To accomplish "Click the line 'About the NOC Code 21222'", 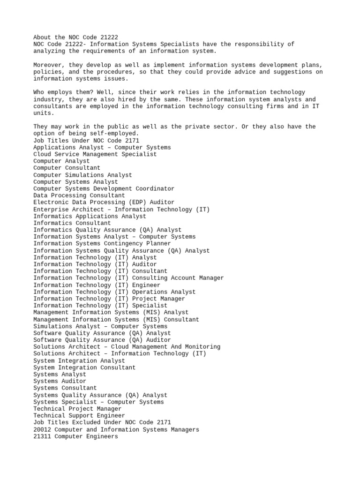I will pyautogui.click(x=75, y=37).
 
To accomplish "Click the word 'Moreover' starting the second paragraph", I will pyautogui.click(x=47, y=65).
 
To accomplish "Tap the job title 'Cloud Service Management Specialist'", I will pyautogui.click(x=95, y=154).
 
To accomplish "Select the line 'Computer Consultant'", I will pyautogui.click(x=67, y=168).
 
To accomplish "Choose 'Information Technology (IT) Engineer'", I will pyautogui.click(x=97, y=285).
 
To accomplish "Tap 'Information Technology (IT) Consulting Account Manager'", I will pyautogui.click(x=128, y=278).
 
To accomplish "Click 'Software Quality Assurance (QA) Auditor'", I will pyautogui.click(x=102, y=340).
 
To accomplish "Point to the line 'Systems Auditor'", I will pyautogui.click(x=60, y=381).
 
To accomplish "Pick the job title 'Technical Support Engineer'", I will pyautogui.click(x=79, y=416).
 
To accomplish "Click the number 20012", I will pyautogui.click(x=42, y=429).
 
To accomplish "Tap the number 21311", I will pyautogui.click(x=42, y=436).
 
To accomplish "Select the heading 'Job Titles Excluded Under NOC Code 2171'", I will pyautogui.click(x=102, y=422).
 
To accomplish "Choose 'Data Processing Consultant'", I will pyautogui.click(x=79, y=195).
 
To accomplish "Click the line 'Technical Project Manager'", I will pyautogui.click(x=77, y=409).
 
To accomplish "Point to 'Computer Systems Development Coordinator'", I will pyautogui.click(x=104, y=188).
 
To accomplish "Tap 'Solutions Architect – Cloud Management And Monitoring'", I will pyautogui.click(x=127, y=347).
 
